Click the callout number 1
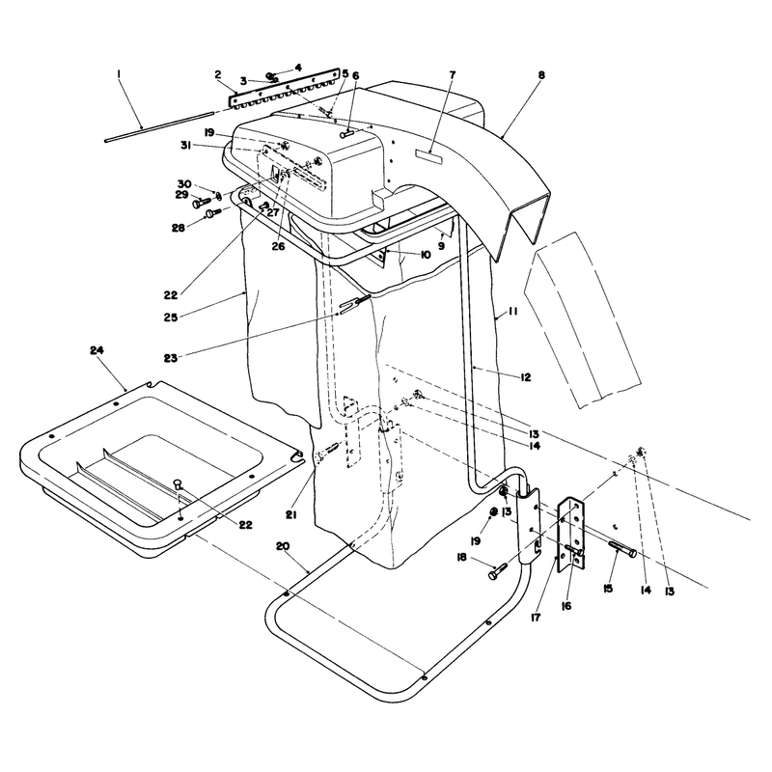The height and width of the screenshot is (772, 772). (118, 74)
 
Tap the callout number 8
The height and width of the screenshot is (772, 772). (541, 75)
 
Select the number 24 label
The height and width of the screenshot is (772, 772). (97, 350)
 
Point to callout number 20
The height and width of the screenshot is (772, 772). (283, 546)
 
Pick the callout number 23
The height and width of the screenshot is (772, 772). (171, 358)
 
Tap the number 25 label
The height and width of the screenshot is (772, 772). (171, 317)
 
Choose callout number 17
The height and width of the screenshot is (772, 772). (536, 617)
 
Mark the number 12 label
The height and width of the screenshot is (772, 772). (525, 377)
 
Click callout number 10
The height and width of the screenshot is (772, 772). (426, 255)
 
